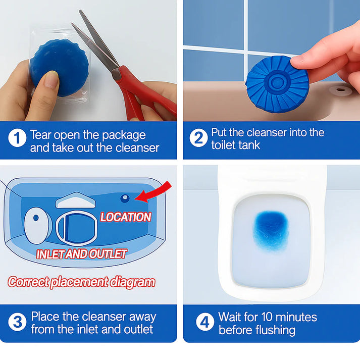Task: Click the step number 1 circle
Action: click(17, 139)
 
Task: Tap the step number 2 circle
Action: click(198, 138)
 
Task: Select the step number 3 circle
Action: click(17, 322)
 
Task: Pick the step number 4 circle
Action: click(204, 322)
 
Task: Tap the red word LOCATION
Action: click(125, 217)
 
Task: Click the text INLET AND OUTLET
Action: click(81, 253)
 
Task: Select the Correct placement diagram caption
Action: click(81, 282)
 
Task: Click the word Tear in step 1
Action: click(41, 135)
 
